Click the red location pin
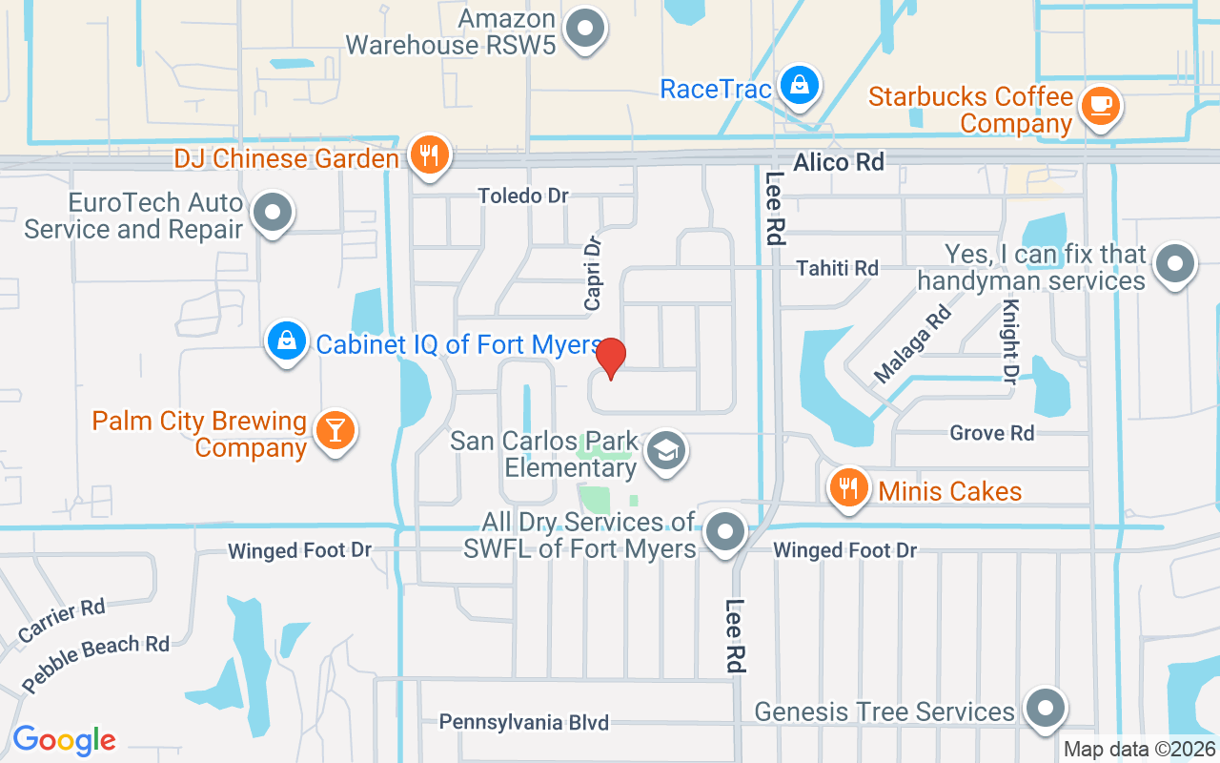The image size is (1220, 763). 611,359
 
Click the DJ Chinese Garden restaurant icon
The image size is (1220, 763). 429,155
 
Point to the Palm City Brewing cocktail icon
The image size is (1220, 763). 334,430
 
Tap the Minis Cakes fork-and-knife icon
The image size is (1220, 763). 847,488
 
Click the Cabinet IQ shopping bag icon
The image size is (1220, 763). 286,340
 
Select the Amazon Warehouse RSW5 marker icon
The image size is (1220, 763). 585,29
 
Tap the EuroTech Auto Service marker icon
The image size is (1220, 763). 274,214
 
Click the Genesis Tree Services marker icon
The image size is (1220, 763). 1046,709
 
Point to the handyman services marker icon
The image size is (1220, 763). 1174,263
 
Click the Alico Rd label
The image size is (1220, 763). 839,162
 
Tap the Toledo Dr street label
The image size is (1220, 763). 523,196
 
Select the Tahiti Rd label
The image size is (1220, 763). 837,268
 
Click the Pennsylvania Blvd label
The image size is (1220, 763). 523,722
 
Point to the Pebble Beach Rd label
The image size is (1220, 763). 95,664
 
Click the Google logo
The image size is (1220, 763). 64,740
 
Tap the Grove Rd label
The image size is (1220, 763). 991,433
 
